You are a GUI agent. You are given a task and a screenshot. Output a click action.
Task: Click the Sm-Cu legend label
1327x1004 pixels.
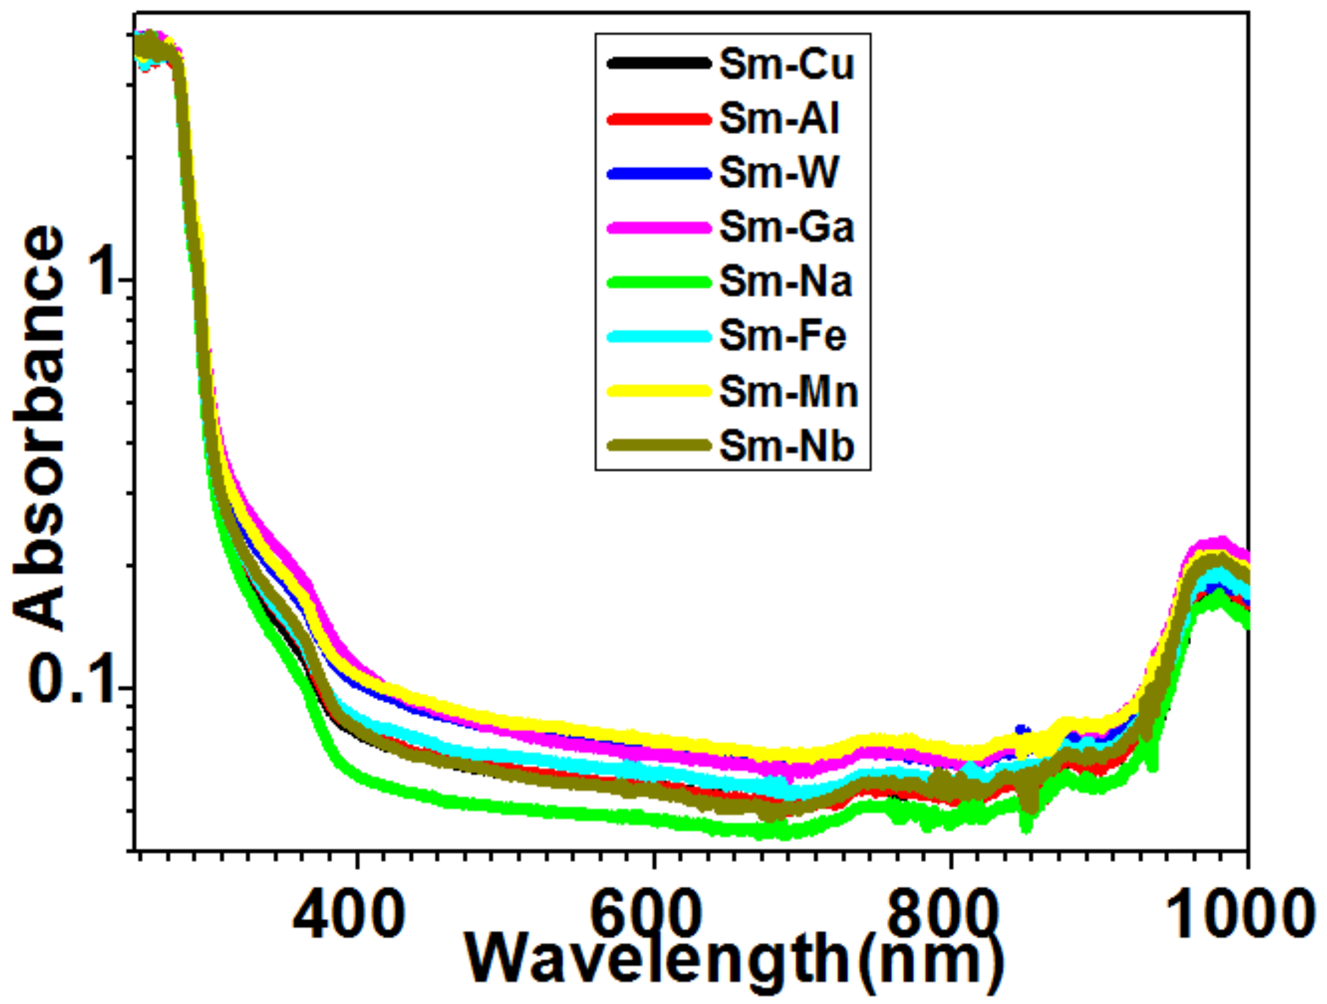click(x=786, y=64)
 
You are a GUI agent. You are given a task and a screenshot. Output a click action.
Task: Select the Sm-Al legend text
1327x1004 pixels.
click(x=778, y=119)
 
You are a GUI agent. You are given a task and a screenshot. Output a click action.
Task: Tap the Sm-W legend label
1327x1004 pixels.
click(x=778, y=174)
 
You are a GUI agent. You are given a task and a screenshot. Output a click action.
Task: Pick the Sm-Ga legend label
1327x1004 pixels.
click(x=787, y=228)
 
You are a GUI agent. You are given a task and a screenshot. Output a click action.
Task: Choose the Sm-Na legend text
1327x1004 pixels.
click(x=785, y=282)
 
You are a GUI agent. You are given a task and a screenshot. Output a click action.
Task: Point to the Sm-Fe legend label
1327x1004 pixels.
click(x=782, y=337)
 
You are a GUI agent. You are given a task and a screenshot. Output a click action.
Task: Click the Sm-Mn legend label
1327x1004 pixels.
click(x=788, y=391)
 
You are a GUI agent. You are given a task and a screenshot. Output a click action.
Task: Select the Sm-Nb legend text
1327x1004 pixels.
click(x=787, y=446)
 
